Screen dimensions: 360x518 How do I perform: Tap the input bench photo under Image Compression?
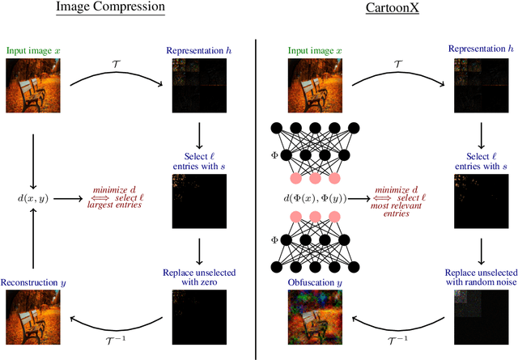click(x=32, y=86)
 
